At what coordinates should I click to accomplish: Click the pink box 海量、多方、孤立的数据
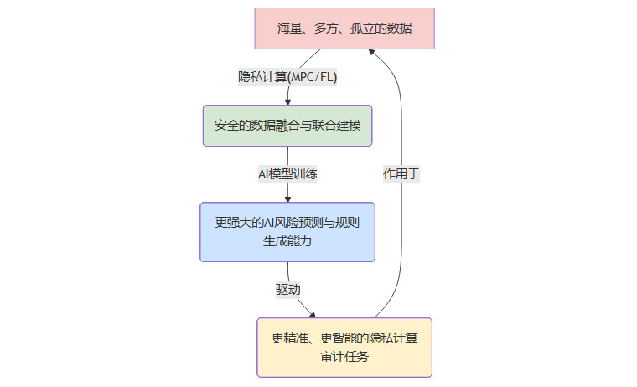point(344,28)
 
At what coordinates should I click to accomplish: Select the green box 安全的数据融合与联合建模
point(287,126)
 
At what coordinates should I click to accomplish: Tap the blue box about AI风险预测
point(287,232)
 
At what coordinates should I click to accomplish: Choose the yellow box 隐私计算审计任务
point(344,348)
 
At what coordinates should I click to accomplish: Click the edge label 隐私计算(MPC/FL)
point(287,76)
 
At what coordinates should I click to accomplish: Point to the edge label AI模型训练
point(287,174)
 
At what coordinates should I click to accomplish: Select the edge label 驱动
point(288,289)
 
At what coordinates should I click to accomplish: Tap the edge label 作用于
point(401,174)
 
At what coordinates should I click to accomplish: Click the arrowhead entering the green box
point(287,101)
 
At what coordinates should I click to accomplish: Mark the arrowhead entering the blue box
point(287,199)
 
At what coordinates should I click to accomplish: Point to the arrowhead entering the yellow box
point(313,315)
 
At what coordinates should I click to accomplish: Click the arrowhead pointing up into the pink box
point(371,54)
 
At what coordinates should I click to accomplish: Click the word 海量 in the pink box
point(291,28)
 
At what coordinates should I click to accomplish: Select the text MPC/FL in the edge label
point(316,76)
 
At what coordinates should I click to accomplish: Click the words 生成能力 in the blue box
point(287,241)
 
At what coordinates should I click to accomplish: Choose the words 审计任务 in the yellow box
point(344,357)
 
